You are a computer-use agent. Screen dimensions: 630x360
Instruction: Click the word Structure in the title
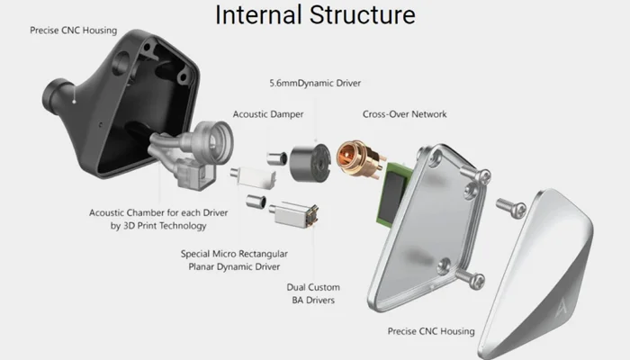(x=363, y=15)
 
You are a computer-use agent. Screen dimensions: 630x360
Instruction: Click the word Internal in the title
(x=258, y=15)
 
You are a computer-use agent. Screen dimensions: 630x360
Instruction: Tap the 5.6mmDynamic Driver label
(x=315, y=83)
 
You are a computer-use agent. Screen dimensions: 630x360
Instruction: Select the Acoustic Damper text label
(x=268, y=114)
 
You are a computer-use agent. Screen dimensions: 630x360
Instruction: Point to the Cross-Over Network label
(x=405, y=114)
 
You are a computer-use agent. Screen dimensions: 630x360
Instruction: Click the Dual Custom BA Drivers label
(x=313, y=293)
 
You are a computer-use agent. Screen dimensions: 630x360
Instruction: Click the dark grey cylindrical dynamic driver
(x=310, y=162)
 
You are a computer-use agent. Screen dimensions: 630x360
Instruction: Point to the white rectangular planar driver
(x=254, y=176)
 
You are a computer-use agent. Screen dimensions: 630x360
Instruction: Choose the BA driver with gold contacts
(x=295, y=215)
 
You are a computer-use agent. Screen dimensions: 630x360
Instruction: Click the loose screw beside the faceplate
(x=511, y=207)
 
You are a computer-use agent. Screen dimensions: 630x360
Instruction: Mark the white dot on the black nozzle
(x=74, y=102)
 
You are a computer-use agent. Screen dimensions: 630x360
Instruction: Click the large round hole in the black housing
(x=121, y=62)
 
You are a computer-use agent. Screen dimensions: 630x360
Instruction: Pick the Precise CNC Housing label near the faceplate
(x=431, y=331)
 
